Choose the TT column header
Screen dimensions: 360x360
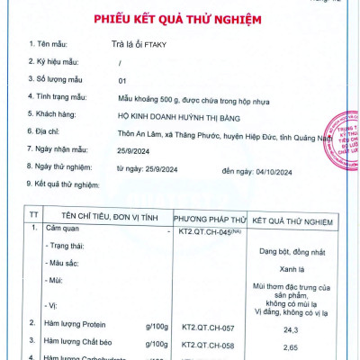(33, 218)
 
